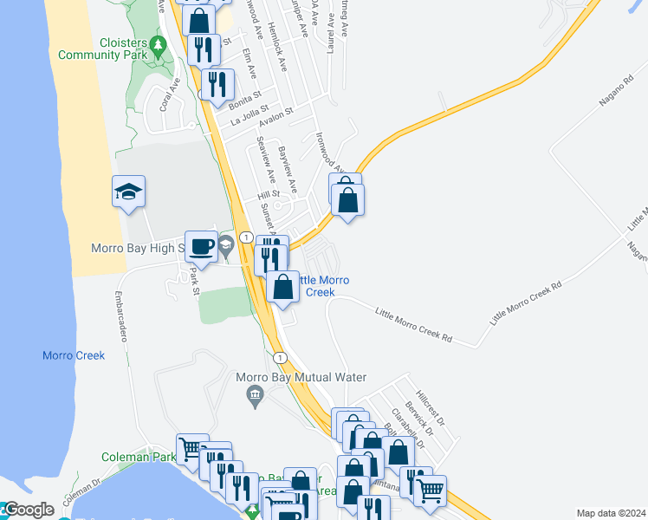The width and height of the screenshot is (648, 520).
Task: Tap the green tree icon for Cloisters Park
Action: click(x=158, y=44)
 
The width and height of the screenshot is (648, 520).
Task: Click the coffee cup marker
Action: click(x=202, y=246)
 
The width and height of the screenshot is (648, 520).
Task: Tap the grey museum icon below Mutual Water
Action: click(x=255, y=398)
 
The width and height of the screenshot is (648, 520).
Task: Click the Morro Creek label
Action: click(x=74, y=355)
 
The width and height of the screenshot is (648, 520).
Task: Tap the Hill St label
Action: click(x=269, y=195)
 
